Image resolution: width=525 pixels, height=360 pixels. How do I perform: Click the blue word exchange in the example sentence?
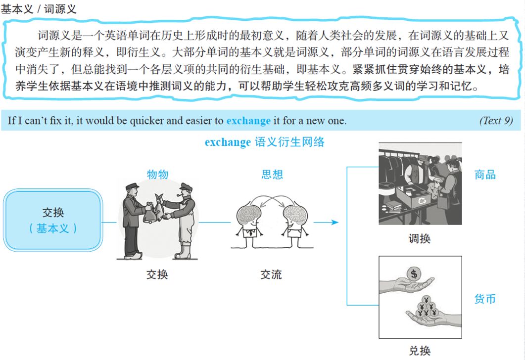coord(248,121)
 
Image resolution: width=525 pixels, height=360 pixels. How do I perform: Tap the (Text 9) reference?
coord(496,121)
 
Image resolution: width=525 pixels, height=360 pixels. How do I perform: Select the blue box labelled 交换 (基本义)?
coord(53,220)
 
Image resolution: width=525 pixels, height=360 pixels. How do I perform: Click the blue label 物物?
coord(157,174)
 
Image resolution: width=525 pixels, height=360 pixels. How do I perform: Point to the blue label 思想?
coord(272,174)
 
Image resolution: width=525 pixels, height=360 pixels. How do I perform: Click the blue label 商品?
coord(485,174)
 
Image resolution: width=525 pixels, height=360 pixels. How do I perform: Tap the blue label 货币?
coord(485,299)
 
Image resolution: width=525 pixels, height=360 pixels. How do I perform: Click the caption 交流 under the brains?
coord(271,274)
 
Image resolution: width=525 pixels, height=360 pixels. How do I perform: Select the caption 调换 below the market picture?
coord(420,238)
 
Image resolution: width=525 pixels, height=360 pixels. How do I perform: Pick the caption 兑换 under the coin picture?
coord(420,351)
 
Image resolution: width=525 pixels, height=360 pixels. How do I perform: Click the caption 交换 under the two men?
coord(157,274)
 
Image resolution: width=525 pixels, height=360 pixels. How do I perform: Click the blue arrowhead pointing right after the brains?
coord(334,222)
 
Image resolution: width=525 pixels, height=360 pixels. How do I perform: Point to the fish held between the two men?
coord(158,207)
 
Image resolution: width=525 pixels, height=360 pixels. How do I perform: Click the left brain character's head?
coord(248,216)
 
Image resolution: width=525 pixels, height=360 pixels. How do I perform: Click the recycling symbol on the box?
coord(423,200)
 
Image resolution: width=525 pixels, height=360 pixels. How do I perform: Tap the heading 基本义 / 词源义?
coord(39,9)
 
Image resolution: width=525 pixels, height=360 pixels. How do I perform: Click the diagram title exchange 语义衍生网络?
coord(265,142)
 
